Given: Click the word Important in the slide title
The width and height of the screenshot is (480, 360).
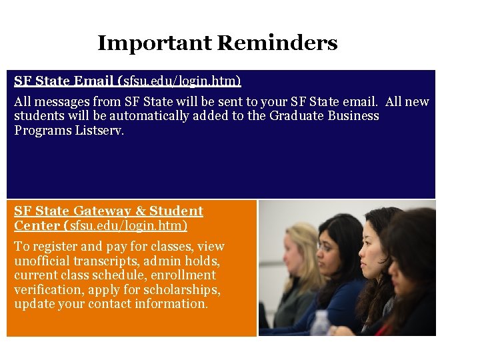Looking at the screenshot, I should click(155, 44).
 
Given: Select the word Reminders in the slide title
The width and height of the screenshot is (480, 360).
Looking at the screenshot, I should click(277, 44).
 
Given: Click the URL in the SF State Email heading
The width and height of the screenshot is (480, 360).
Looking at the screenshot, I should click(181, 81).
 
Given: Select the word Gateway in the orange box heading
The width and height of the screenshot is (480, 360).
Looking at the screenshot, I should click(99, 211).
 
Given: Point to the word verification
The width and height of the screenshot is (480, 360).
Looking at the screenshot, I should click(43, 289).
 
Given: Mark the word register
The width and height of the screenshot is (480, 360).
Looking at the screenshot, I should click(52, 247).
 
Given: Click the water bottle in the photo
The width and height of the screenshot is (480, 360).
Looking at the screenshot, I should click(321, 323).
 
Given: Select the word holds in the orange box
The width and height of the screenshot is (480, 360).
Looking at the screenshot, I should click(205, 261).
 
